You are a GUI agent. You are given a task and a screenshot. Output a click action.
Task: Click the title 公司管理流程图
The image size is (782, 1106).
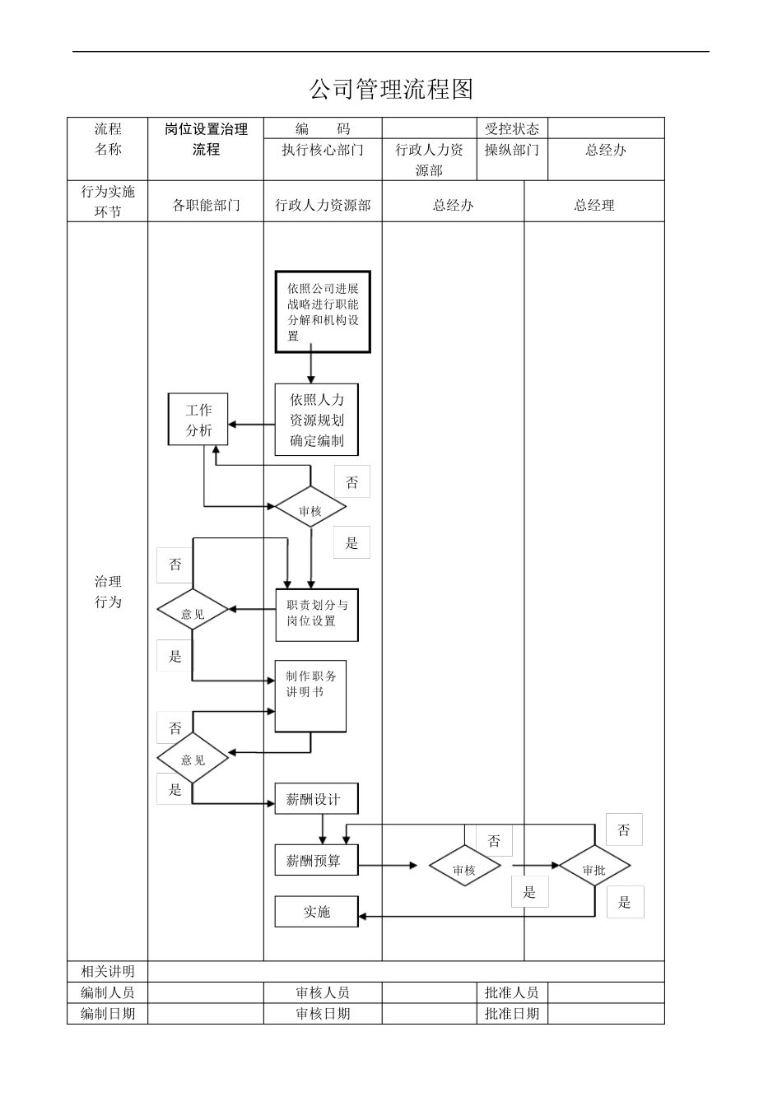click(391, 89)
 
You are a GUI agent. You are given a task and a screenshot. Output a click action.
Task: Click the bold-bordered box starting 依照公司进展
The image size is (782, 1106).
click(323, 312)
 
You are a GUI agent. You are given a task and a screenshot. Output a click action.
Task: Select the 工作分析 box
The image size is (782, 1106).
click(198, 420)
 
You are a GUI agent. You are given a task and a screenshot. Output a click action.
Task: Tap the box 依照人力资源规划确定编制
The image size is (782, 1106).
click(317, 420)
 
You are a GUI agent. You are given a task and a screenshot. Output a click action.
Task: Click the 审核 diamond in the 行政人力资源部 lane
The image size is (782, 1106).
click(310, 510)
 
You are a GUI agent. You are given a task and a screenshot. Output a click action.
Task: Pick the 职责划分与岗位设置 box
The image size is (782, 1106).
click(317, 615)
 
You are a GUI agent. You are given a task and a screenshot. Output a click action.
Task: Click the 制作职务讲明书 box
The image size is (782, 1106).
click(310, 695)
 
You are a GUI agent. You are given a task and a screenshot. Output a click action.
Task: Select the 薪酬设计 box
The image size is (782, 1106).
click(317, 799)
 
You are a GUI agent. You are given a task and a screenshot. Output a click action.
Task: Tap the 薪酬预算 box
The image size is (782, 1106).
click(317, 861)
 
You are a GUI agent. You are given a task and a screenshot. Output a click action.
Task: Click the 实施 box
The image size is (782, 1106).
click(317, 912)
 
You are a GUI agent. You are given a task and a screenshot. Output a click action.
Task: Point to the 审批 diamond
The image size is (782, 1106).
click(593, 869)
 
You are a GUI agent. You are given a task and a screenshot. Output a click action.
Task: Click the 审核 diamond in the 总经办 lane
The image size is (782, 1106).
click(464, 869)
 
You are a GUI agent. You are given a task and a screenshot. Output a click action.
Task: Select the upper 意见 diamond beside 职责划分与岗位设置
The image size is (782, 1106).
click(193, 613)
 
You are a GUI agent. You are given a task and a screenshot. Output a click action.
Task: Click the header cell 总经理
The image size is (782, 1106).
click(593, 205)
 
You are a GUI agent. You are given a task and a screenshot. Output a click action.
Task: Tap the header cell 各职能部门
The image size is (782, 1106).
click(206, 205)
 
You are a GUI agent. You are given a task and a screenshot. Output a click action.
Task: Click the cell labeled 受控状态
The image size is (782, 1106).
click(511, 128)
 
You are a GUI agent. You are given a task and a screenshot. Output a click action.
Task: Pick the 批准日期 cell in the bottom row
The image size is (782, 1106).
click(511, 1013)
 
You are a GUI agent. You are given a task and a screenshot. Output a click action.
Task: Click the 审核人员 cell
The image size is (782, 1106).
click(323, 992)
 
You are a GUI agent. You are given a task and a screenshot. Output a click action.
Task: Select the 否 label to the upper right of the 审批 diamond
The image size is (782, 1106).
click(624, 829)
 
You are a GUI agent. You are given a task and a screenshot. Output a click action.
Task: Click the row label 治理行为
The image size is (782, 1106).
click(108, 591)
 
